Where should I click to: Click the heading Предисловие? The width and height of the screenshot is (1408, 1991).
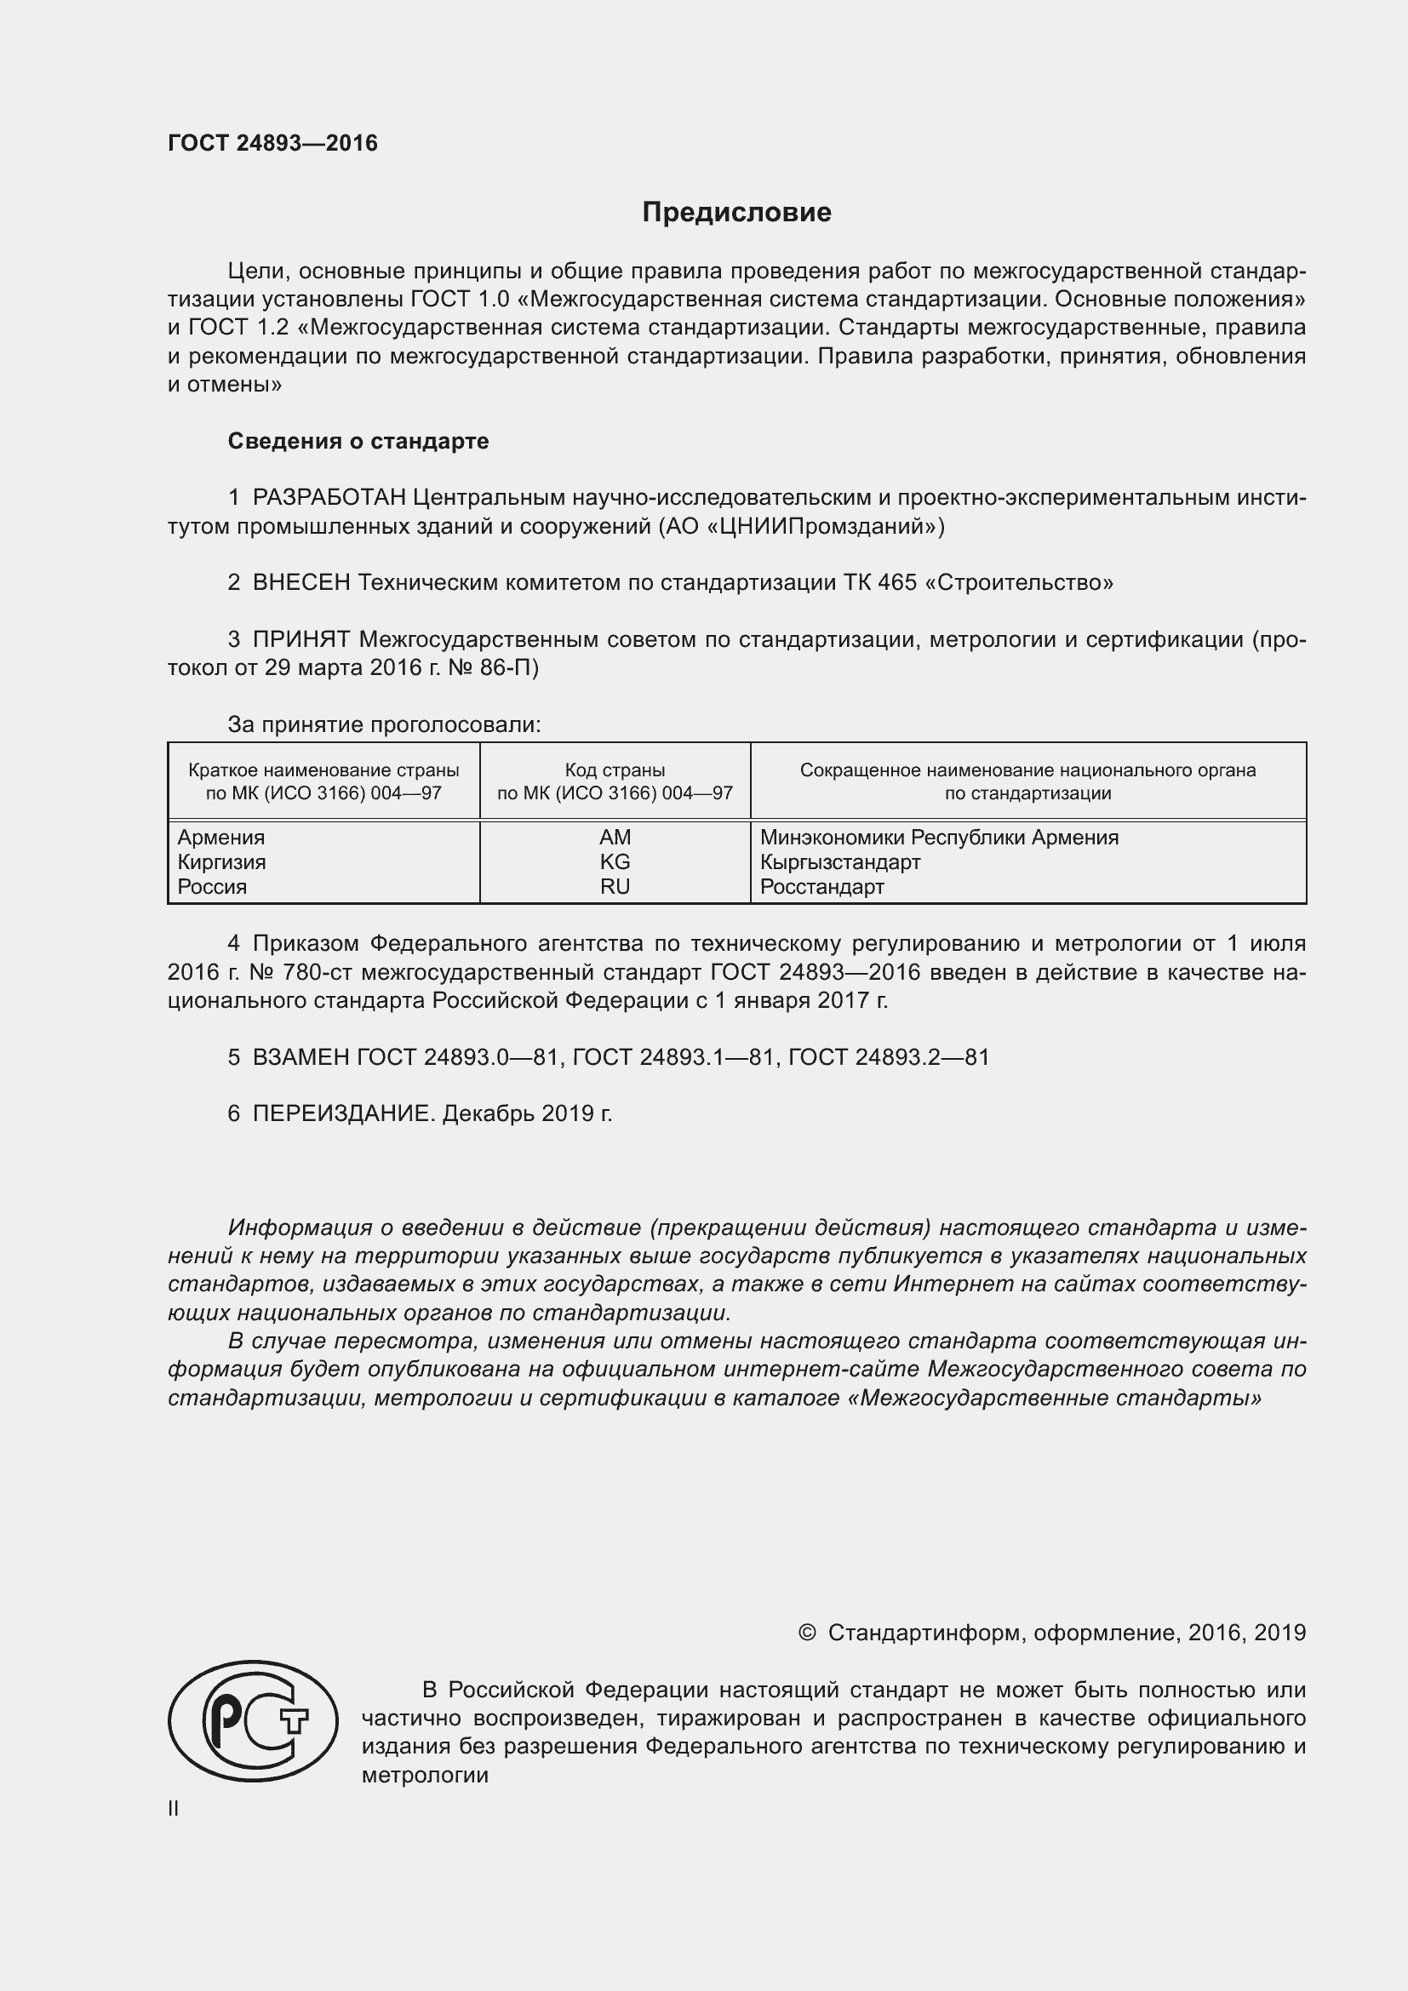(x=736, y=213)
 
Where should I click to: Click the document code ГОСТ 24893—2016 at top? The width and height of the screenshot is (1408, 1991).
(x=272, y=143)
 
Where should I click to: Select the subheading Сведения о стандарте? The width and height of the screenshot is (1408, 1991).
(x=358, y=442)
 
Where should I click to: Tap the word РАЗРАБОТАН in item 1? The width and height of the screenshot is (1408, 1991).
(x=329, y=498)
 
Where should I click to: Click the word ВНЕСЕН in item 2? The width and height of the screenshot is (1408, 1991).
(x=300, y=583)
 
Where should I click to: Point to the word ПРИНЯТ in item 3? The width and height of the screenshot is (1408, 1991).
(x=300, y=640)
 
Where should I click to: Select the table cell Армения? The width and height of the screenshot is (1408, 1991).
(x=221, y=838)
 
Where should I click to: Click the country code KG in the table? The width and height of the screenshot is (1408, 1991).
(x=615, y=862)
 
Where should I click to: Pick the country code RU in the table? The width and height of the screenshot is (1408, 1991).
(x=615, y=886)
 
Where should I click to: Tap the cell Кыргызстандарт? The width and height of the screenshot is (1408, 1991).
(x=839, y=862)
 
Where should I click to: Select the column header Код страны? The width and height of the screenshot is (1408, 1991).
(x=615, y=770)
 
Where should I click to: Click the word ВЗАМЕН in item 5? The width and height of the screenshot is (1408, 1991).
(x=300, y=1057)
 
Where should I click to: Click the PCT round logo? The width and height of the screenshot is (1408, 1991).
(x=252, y=1721)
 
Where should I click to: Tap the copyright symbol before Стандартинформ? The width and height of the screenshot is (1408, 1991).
(x=806, y=1633)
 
